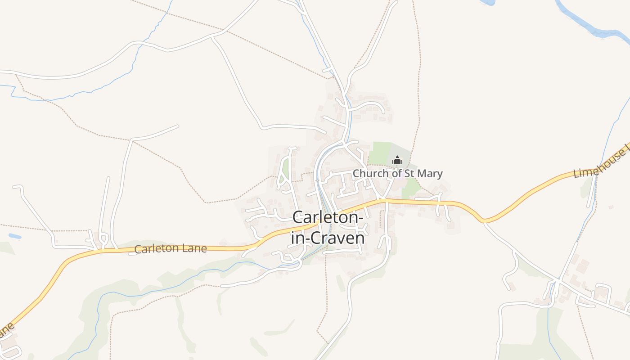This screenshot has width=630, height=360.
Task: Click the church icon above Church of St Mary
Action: [x=397, y=160]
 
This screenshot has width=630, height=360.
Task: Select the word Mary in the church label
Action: [x=431, y=173]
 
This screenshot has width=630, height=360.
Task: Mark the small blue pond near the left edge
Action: [x=15, y=236]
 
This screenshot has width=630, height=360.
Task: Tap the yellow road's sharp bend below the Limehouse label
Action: [x=484, y=220]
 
